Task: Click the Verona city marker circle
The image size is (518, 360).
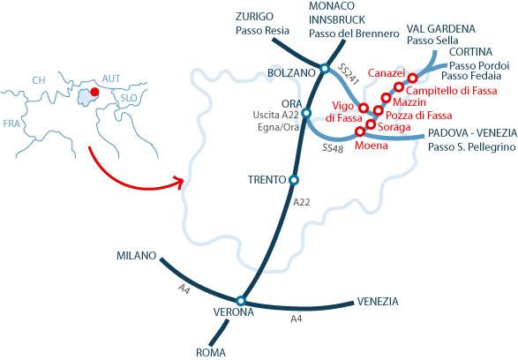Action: pyautogui.click(x=240, y=301)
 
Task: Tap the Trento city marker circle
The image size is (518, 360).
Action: pyautogui.click(x=294, y=180)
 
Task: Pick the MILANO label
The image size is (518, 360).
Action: pyautogui.click(x=136, y=256)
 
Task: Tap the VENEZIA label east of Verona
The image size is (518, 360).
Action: pyautogui.click(x=378, y=302)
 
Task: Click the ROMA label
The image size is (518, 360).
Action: pyautogui.click(x=210, y=352)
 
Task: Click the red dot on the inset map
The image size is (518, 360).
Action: pyautogui.click(x=94, y=92)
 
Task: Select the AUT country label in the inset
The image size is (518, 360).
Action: pyautogui.click(x=111, y=79)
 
